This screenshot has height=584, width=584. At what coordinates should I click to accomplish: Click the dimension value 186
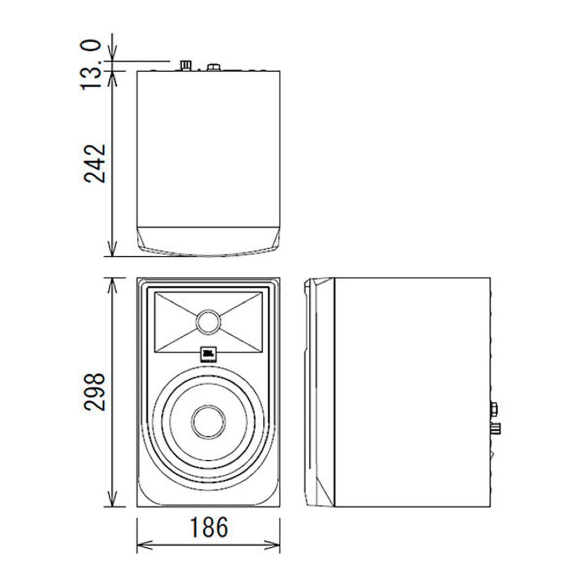coord(209,528)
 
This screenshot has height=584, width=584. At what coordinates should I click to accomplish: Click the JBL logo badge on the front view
coord(208,354)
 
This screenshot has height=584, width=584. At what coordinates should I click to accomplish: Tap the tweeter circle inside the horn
coord(208,322)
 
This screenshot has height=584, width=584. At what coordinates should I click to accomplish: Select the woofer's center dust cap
coord(208,421)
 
